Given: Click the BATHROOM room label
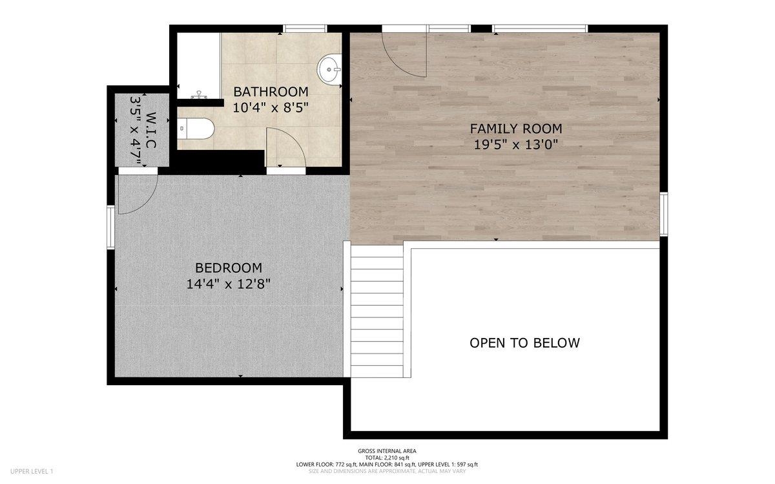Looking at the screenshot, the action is (x=271, y=92).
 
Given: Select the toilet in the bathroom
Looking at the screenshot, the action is (x=196, y=129).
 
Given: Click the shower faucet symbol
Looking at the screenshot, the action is (x=199, y=95).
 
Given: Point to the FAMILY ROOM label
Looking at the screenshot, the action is (x=515, y=129).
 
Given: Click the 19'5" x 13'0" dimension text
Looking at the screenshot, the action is (x=515, y=145).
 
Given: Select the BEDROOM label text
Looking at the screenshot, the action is (x=229, y=268).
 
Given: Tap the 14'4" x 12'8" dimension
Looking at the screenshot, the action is (x=228, y=284).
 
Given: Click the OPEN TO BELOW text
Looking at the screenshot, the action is (x=524, y=342).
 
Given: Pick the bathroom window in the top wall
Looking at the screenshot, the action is (x=305, y=28).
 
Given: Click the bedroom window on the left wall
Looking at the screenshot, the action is (x=110, y=227).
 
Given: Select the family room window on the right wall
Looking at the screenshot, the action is (x=664, y=215).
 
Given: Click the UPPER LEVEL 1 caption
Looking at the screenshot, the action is (x=32, y=471).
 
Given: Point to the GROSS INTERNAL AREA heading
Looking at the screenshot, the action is (x=387, y=451).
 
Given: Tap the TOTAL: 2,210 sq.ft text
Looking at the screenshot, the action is (x=387, y=458).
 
